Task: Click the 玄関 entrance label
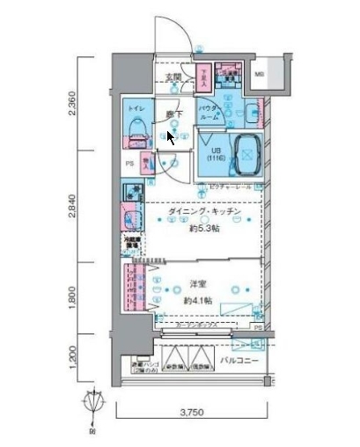(x=173, y=77)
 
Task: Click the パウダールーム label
(x=209, y=112)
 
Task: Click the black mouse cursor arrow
(x=171, y=138)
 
